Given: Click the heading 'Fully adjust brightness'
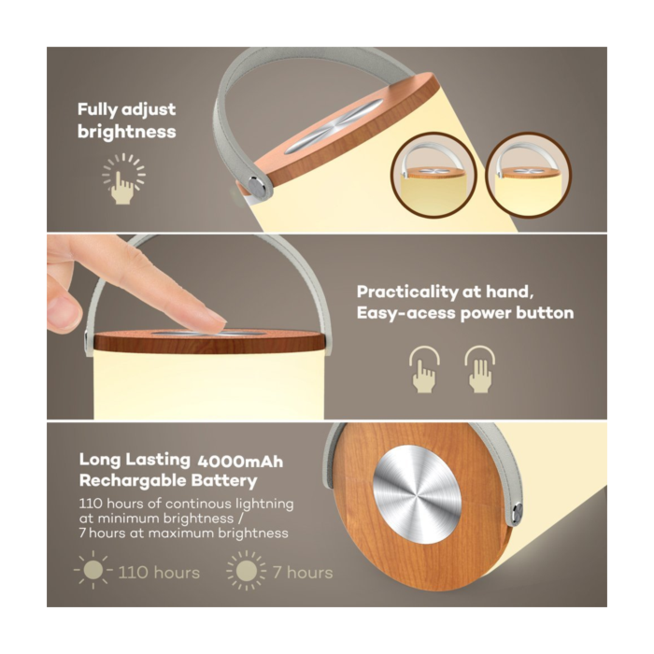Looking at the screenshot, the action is pyautogui.click(x=127, y=121).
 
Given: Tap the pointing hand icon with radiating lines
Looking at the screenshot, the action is pyautogui.click(x=123, y=179).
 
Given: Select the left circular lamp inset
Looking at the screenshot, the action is pyautogui.click(x=434, y=175).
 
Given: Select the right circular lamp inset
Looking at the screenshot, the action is pyautogui.click(x=529, y=175).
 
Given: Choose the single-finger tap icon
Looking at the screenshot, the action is pyautogui.click(x=424, y=369).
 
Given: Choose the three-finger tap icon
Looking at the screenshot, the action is pyautogui.click(x=480, y=369).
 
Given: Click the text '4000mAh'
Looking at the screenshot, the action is pyautogui.click(x=240, y=462).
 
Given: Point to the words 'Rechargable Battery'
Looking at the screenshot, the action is pyautogui.click(x=168, y=480).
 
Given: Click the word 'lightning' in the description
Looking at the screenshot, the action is pyautogui.click(x=264, y=504).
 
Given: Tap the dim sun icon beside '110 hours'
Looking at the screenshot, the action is pyautogui.click(x=93, y=570).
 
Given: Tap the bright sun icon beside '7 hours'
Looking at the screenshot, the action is pyautogui.click(x=247, y=571).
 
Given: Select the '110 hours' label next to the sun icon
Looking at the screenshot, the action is pyautogui.click(x=159, y=572).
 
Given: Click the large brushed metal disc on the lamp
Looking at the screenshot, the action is pyautogui.click(x=417, y=494).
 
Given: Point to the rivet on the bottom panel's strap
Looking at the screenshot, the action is pyautogui.click(x=518, y=511).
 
